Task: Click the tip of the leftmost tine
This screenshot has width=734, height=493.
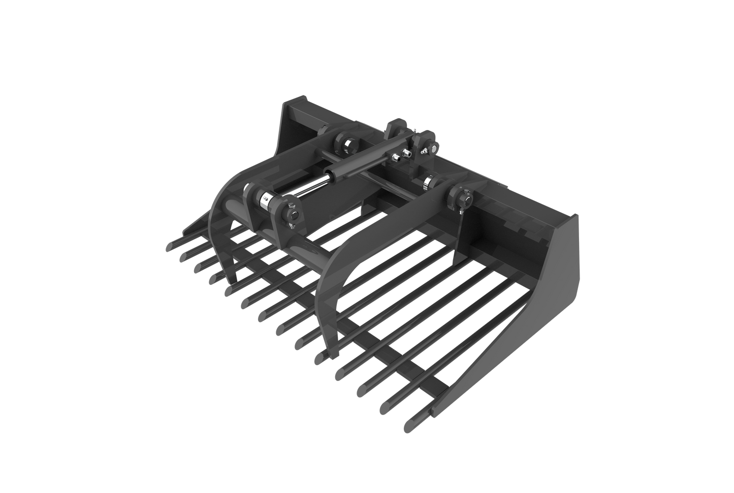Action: (x=168, y=247)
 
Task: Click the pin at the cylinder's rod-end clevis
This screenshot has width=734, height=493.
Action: (x=293, y=215)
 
